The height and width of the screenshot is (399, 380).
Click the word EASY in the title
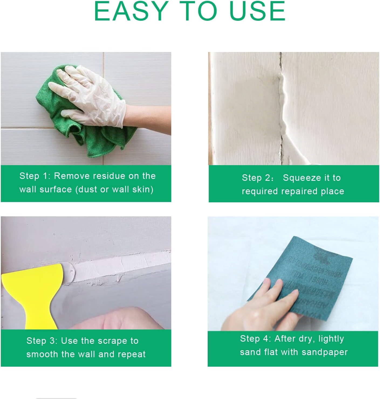pos(131,11)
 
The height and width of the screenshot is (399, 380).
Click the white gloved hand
pos(92,94)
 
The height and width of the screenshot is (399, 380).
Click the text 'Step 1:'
pos(35,176)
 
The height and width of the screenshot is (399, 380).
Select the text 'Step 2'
pos(256,178)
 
